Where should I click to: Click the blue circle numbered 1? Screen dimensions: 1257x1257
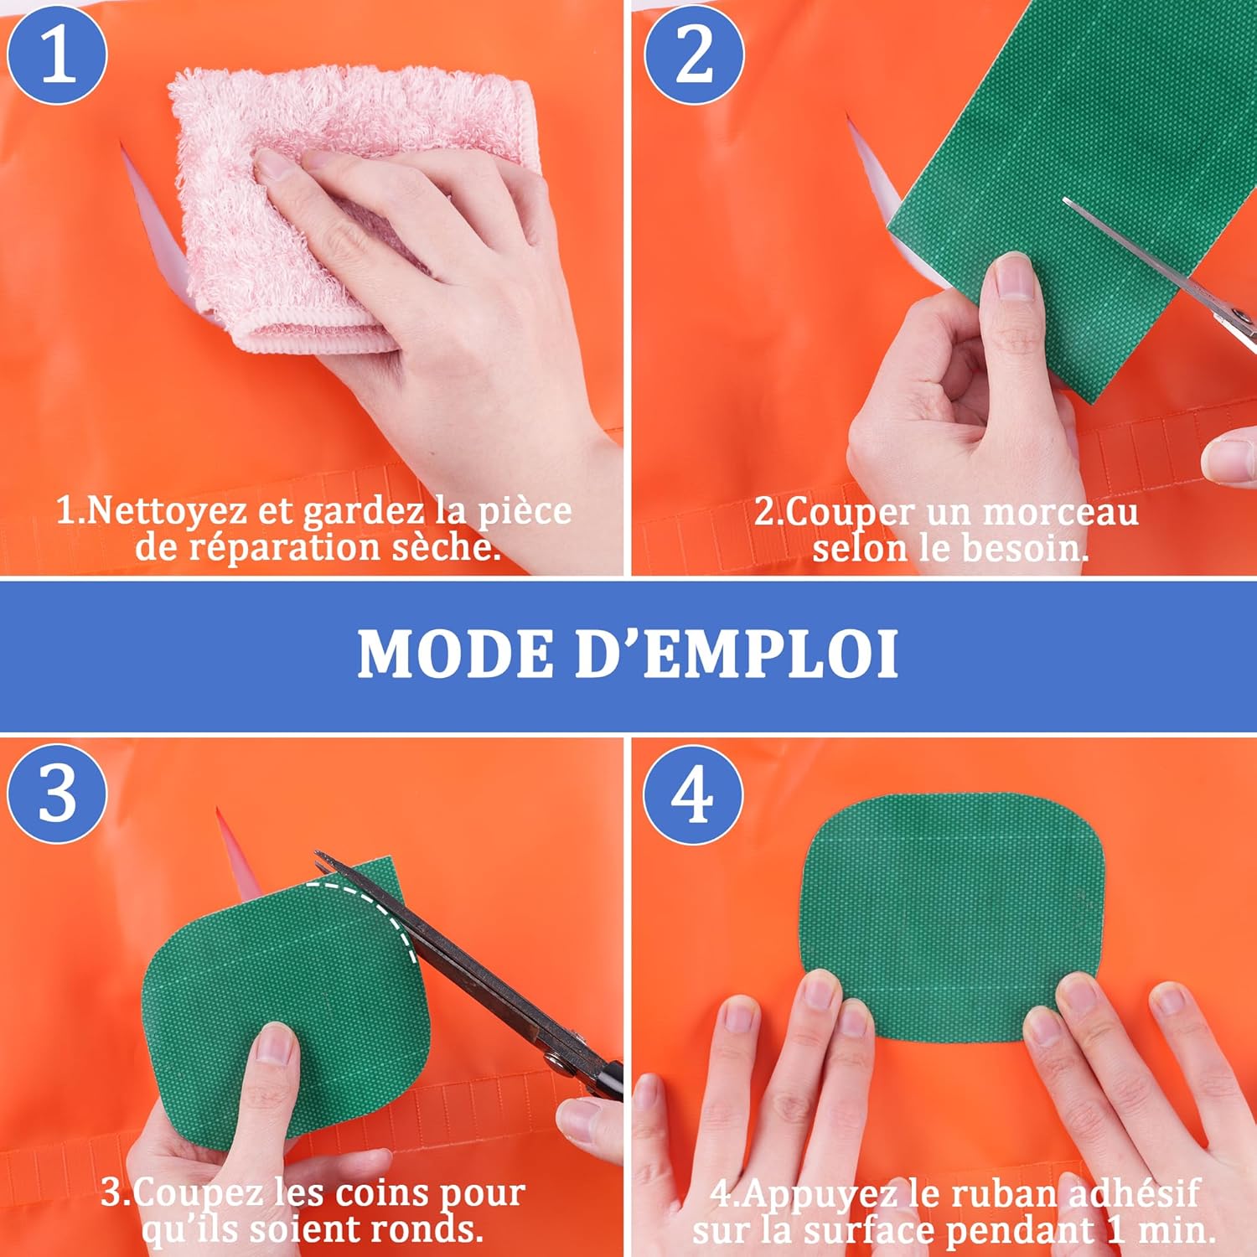coord(57,54)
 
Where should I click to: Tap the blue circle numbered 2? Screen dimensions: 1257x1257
coord(694,54)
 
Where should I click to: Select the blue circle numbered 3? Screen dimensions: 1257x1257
coord(57,793)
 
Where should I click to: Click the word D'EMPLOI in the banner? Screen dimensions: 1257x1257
coord(737,654)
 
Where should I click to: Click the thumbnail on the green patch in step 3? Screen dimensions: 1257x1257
coord(275,1043)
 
